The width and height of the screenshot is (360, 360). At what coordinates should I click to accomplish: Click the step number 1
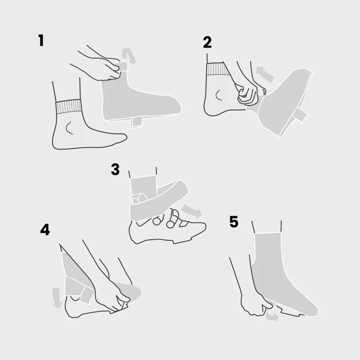(x=41, y=40)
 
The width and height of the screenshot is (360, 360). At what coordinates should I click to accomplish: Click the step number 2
(x=207, y=42)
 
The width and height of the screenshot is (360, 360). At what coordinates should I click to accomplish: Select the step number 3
(x=115, y=169)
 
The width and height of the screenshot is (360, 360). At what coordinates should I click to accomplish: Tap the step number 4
(x=45, y=229)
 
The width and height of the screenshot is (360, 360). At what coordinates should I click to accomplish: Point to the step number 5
(x=234, y=222)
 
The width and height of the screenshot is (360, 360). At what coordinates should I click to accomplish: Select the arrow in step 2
(x=265, y=73)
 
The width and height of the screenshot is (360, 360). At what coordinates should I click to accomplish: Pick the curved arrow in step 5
(x=271, y=317)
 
